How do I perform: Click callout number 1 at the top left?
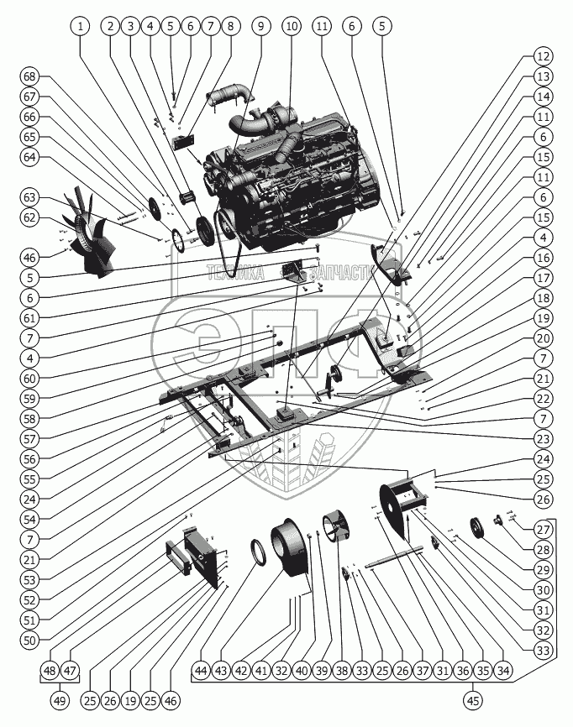coord(81,27)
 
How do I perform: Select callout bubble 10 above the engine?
coord(292,27)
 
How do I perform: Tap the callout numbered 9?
coord(261,27)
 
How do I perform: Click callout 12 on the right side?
coord(544,57)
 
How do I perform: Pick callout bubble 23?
coord(544,437)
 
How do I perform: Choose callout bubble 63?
coord(30,197)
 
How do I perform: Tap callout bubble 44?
coord(201,671)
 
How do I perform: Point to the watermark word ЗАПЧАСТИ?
coord(340,272)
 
